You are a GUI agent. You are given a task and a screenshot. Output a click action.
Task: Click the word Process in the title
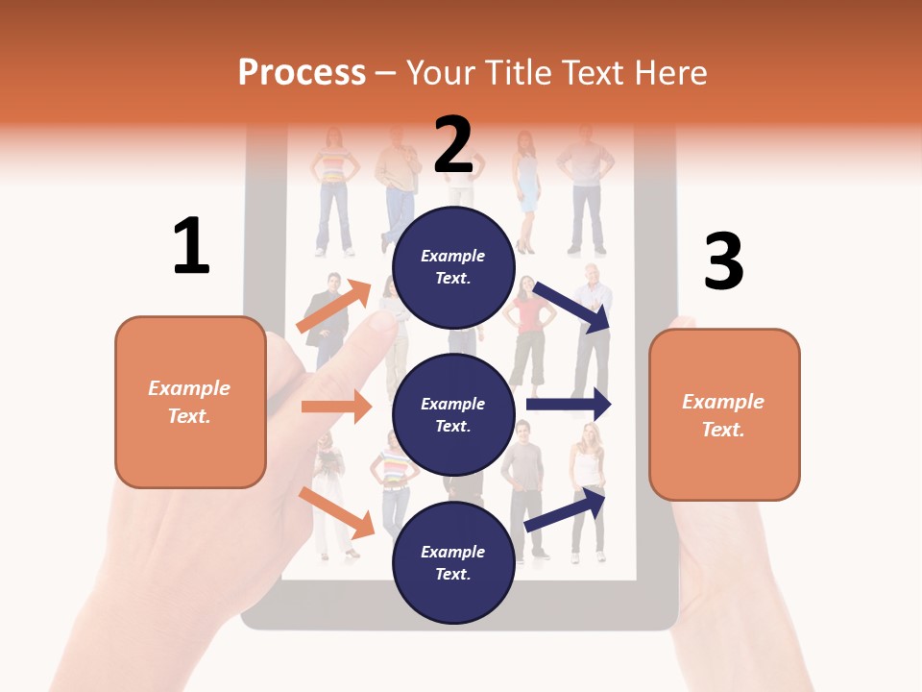point(302,72)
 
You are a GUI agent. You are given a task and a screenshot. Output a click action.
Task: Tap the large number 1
point(191,246)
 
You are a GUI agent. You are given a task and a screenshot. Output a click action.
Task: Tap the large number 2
point(453,144)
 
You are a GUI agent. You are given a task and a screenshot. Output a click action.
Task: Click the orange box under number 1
point(190,402)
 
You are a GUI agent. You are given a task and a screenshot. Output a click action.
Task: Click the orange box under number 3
point(724,414)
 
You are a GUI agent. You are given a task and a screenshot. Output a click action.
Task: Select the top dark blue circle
point(453,267)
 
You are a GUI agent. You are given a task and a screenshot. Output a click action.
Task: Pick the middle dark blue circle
point(453,414)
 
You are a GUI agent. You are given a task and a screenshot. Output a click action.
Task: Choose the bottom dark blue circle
point(453,562)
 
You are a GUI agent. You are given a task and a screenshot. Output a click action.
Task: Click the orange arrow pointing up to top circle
point(334,307)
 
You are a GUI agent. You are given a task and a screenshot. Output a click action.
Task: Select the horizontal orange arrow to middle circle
point(336,407)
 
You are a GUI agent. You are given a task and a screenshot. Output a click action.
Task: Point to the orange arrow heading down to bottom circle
point(337,511)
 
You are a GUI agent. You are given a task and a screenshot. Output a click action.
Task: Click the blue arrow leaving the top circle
point(573,307)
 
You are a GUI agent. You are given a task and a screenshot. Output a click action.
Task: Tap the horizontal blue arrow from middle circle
point(569,404)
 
